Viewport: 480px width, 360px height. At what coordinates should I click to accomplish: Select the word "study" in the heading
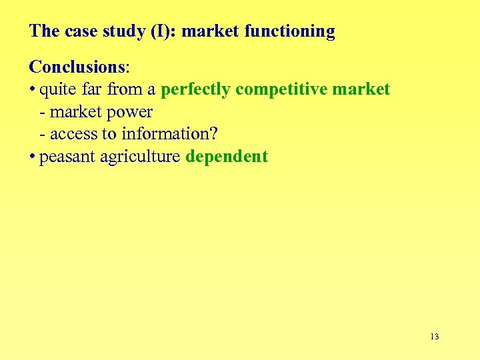[123, 31]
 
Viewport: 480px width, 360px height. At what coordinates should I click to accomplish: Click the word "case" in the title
[83, 31]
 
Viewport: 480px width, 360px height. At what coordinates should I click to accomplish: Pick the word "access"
[73, 134]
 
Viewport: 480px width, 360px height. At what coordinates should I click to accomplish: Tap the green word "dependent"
[227, 157]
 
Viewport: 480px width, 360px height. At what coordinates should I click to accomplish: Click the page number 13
[435, 336]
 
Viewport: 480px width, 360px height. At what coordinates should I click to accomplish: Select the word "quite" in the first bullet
[56, 90]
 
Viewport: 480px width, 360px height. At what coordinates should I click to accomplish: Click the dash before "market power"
[43, 112]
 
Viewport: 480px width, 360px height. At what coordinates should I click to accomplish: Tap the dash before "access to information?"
[43, 134]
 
